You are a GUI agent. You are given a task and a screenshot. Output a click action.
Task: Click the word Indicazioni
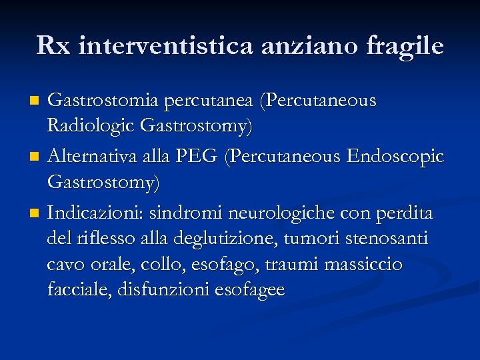click(x=95, y=214)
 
